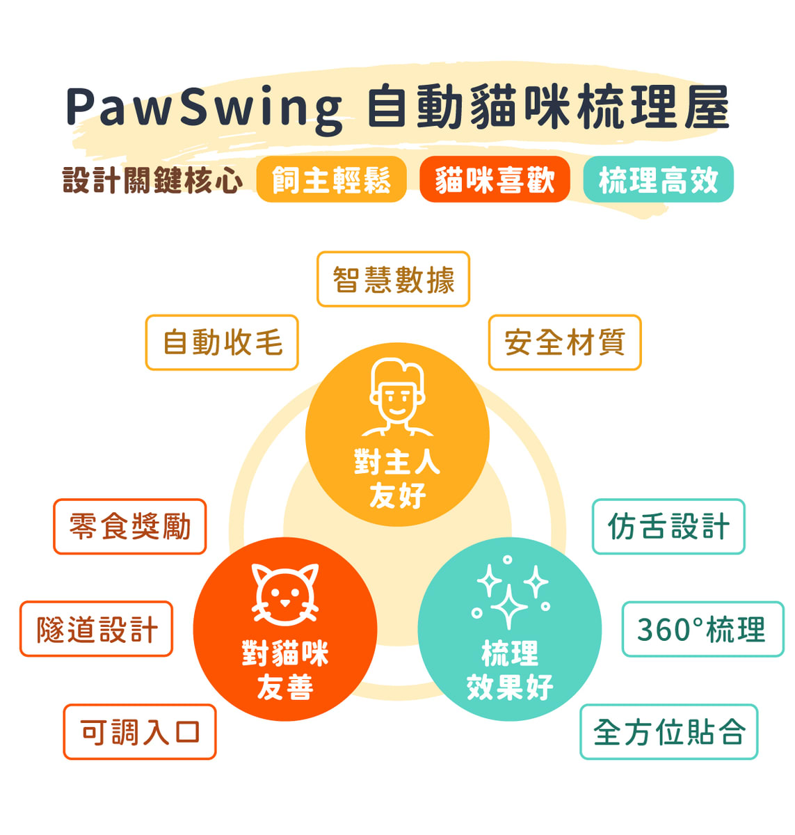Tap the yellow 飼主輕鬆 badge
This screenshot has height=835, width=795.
click(331, 180)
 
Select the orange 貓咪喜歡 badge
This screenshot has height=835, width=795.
click(495, 180)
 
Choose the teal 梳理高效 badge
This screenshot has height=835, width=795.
click(658, 180)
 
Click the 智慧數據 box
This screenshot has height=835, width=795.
click(393, 280)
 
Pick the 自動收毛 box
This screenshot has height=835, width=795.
click(222, 342)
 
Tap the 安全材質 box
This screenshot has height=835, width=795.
click(564, 342)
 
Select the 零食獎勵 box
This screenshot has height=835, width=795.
click(130, 527)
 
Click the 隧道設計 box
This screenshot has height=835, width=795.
click(97, 629)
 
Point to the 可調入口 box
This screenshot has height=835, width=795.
click(140, 732)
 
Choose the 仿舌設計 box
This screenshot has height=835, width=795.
click(668, 527)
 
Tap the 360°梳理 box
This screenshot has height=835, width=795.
click(702, 629)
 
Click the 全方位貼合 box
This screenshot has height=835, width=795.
click(668, 732)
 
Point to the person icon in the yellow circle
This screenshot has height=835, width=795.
click(397, 397)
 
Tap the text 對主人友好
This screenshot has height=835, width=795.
click(397, 479)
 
